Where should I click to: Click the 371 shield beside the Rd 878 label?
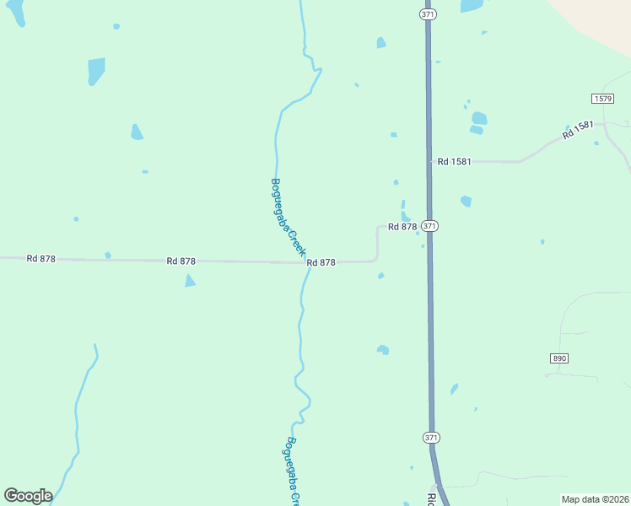click(430, 226)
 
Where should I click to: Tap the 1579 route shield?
click(602, 99)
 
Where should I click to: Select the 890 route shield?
click(559, 358)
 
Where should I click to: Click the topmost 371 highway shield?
click(427, 14)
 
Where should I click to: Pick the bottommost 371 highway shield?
click(431, 438)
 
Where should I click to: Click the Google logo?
click(28, 496)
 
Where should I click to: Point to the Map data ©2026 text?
click(596, 499)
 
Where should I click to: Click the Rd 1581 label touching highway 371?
click(455, 161)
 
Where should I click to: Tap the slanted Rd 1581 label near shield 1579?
click(579, 131)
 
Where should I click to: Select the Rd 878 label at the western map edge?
click(40, 259)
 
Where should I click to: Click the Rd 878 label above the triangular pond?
click(181, 261)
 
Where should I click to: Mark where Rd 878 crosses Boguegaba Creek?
click(305, 262)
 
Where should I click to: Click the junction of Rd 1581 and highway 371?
click(429, 160)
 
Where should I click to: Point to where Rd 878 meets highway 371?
click(429, 226)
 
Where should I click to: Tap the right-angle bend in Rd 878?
click(376, 260)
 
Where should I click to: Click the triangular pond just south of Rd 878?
click(190, 281)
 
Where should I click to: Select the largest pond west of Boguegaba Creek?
click(96, 71)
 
